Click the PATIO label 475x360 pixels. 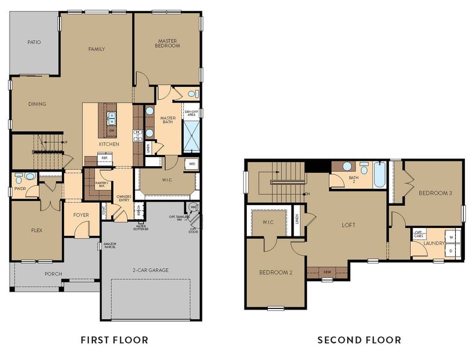click(34, 42)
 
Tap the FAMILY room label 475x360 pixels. click(97, 49)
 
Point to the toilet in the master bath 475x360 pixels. click(192, 94)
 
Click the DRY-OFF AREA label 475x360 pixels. click(192, 112)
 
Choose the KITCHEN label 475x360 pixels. click(109, 144)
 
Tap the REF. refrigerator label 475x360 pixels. click(104, 158)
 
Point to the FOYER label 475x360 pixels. click(81, 215)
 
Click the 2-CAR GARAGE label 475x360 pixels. click(150, 270)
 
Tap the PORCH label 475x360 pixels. click(53, 274)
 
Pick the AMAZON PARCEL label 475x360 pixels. click(109, 245)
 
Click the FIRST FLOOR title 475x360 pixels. click(114, 340)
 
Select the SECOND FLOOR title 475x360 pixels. click(359, 340)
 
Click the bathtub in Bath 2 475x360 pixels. click(380, 175)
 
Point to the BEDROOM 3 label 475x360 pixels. click(435, 193)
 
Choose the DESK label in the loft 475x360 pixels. click(327, 271)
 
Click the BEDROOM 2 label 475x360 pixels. click(276, 272)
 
